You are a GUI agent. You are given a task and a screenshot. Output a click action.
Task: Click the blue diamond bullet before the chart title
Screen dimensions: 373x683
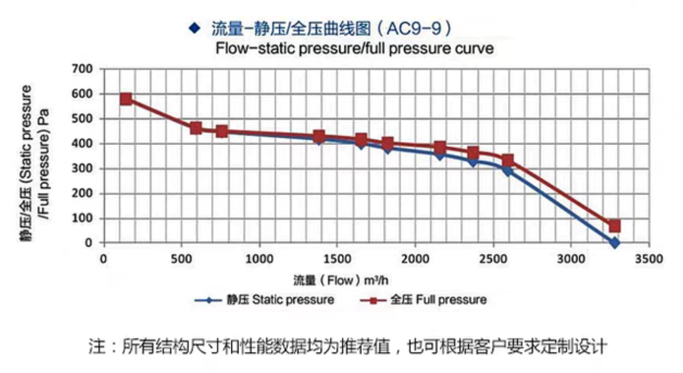[194, 28]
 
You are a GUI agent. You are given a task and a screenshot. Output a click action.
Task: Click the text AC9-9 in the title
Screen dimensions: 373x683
[415, 28]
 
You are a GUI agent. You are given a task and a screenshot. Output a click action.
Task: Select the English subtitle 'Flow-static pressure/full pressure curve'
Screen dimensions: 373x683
[355, 49]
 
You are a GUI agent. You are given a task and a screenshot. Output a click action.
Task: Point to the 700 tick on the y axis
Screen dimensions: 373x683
[86, 69]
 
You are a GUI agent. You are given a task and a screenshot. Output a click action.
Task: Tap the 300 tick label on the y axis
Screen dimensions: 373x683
[86, 168]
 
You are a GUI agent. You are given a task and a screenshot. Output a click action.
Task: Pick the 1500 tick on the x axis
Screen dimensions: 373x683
[336, 259]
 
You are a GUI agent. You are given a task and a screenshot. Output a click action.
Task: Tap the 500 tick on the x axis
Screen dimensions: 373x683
[181, 259]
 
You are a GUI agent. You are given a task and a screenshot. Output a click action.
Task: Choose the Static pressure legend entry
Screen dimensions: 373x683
[265, 300]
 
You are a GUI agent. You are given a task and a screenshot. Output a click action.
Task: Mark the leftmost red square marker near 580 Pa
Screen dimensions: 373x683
[126, 99]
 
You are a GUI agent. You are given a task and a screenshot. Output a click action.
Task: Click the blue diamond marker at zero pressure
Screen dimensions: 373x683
[614, 243]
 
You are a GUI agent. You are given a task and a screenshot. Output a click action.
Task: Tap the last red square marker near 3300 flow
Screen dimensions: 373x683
[614, 226]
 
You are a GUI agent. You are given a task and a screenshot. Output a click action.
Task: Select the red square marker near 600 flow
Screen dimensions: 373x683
[196, 128]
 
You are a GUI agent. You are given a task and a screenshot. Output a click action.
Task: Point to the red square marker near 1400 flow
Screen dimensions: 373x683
[319, 136]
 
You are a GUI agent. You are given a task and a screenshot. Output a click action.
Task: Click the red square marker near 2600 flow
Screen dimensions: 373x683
[507, 161]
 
